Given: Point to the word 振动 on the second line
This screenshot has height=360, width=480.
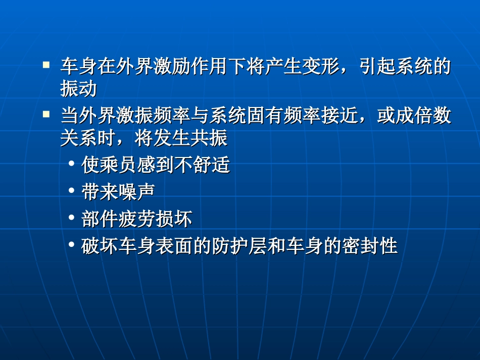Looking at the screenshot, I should click(78, 89).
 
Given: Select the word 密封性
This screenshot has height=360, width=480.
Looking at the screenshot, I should click(370, 246).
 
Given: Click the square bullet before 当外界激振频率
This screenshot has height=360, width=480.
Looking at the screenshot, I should click(46, 115).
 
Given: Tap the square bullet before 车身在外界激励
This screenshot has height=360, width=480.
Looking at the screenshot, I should click(46, 65).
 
